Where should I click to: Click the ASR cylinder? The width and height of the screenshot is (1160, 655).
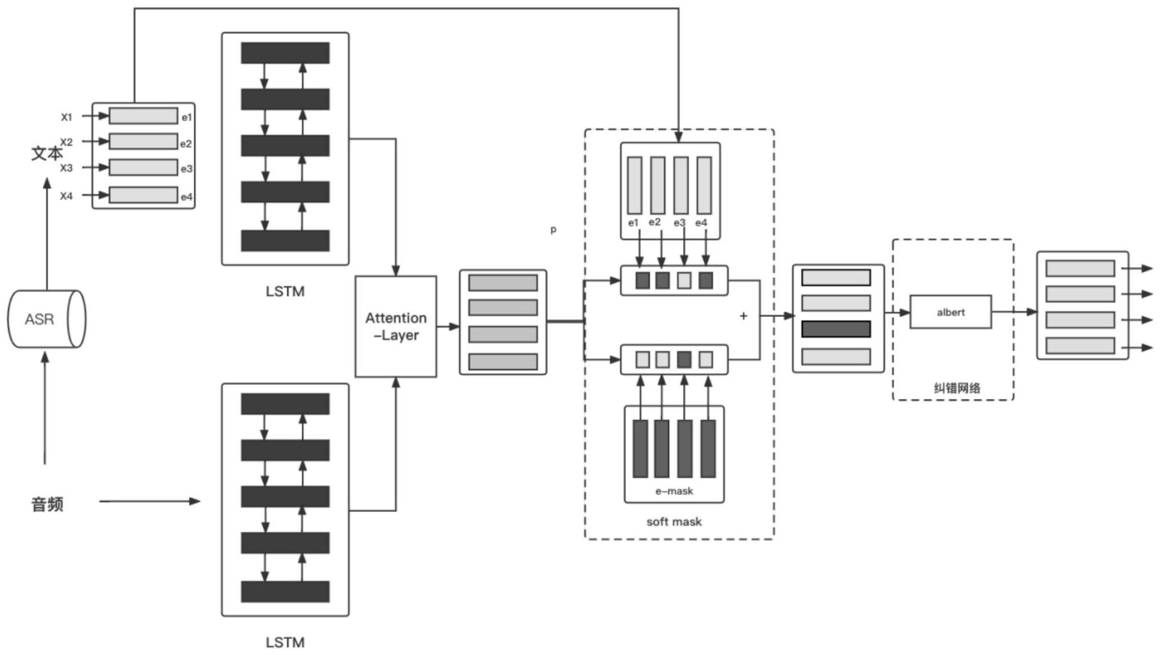pos(46,319)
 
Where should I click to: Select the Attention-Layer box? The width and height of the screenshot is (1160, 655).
pos(396,326)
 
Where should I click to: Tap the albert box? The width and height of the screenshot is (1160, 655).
pos(950,312)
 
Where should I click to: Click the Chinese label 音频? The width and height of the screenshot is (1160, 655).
pos(47,504)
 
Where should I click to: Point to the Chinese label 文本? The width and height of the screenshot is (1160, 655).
pos(46,154)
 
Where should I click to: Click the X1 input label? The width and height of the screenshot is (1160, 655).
pos(67,117)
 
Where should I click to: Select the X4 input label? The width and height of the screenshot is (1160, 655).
pos(67,196)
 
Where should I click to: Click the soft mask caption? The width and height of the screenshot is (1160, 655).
pos(674,521)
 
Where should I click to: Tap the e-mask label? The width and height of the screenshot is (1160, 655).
pos(674,491)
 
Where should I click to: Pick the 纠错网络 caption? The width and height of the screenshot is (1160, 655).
pos(956,388)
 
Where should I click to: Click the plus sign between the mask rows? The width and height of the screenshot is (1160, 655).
pos(743,316)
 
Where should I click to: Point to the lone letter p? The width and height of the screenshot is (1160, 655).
pos(553,230)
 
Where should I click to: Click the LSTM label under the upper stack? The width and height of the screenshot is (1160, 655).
pos(285,291)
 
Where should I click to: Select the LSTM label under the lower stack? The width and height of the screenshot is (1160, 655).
pos(285,642)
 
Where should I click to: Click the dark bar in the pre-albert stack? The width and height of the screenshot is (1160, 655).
pos(835,329)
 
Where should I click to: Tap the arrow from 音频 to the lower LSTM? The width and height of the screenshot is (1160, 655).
pos(149,501)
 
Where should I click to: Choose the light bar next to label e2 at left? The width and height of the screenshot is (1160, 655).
pos(143,142)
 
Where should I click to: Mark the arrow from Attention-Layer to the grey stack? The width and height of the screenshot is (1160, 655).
pos(448,326)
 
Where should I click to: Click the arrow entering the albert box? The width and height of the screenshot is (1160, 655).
pos(897,312)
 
